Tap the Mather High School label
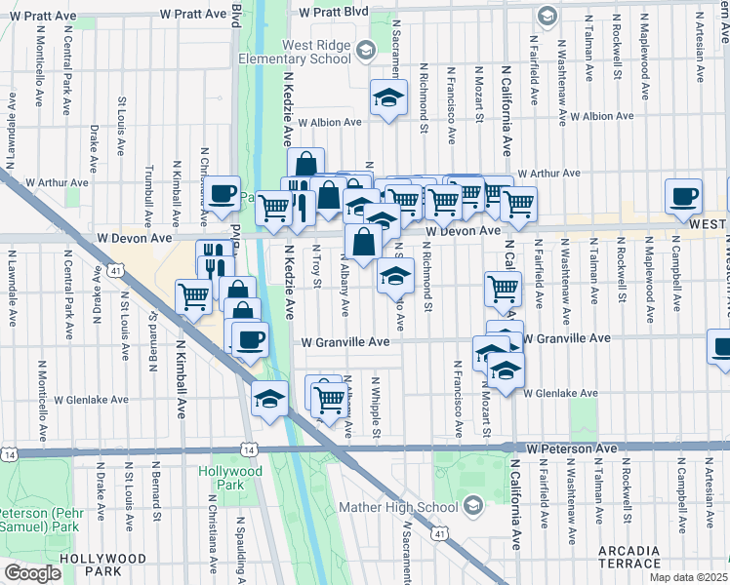click(x=398, y=507)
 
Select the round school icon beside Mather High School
click(x=473, y=505)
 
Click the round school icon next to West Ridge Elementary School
click(x=365, y=50)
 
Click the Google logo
click(x=32, y=573)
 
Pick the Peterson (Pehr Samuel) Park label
click(x=39, y=520)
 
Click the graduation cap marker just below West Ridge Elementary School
click(x=388, y=98)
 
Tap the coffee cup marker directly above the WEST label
click(x=683, y=196)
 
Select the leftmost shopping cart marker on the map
click(x=194, y=296)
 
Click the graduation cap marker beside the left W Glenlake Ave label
click(x=269, y=398)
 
